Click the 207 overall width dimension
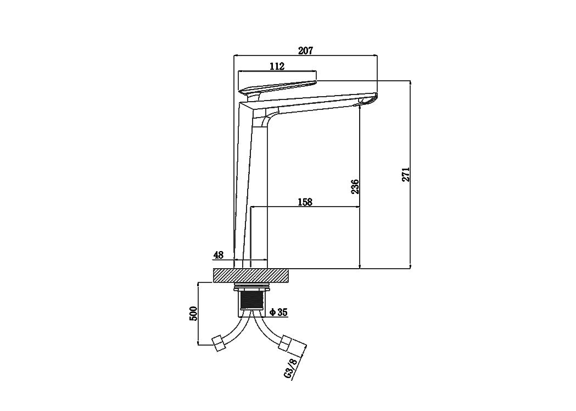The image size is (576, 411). click(x=305, y=51)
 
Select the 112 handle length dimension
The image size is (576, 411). click(x=277, y=66)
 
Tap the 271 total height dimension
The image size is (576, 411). click(x=406, y=174)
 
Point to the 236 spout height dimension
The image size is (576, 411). click(x=355, y=187)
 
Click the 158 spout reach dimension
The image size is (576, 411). click(x=305, y=202)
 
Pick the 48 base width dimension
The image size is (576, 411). click(x=219, y=255)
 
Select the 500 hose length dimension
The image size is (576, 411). click(x=194, y=314)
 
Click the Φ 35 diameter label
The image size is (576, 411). click(x=278, y=313)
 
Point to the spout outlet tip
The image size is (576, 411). click(x=368, y=101)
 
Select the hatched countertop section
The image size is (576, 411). click(x=251, y=275)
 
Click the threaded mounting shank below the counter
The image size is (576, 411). click(x=251, y=299)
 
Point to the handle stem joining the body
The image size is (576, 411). click(x=254, y=97)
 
